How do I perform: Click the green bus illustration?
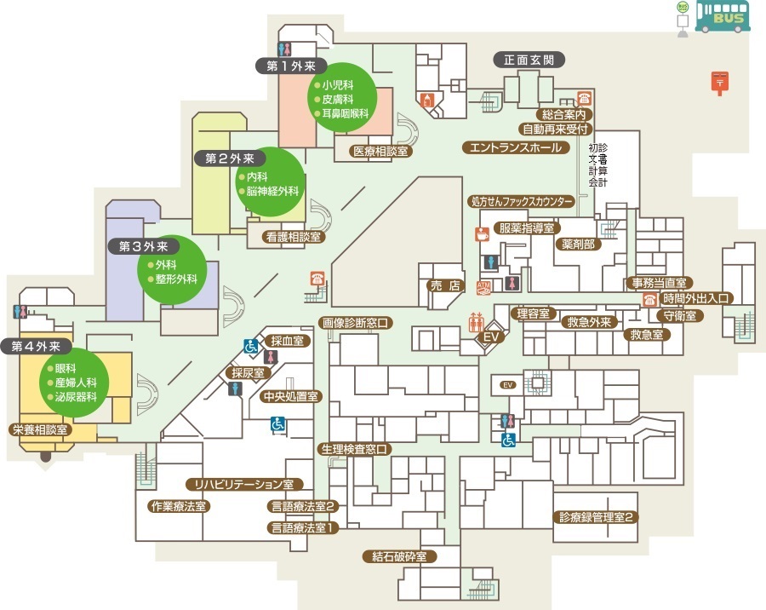pos(723,17)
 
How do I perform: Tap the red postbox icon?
pos(719,83)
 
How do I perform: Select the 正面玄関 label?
pos(529,60)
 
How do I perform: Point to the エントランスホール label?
pos(516,147)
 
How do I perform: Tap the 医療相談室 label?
pos(380,151)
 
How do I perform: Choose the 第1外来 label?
pos(292,66)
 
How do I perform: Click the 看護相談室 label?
pos(294,237)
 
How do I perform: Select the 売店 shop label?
pos(445,285)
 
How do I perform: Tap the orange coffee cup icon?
pos(483,234)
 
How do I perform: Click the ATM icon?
pos(483,288)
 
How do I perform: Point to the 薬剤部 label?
pos(579,244)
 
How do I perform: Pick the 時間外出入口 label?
pos(695,298)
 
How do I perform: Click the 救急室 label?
pos(647,335)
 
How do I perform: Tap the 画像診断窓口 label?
pos(356,323)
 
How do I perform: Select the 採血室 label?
pos(288,341)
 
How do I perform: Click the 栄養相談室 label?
pos(41,430)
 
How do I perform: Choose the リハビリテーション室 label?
pos(244,484)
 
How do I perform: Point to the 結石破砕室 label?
pos(399,556)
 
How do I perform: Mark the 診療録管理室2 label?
pos(596,517)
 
